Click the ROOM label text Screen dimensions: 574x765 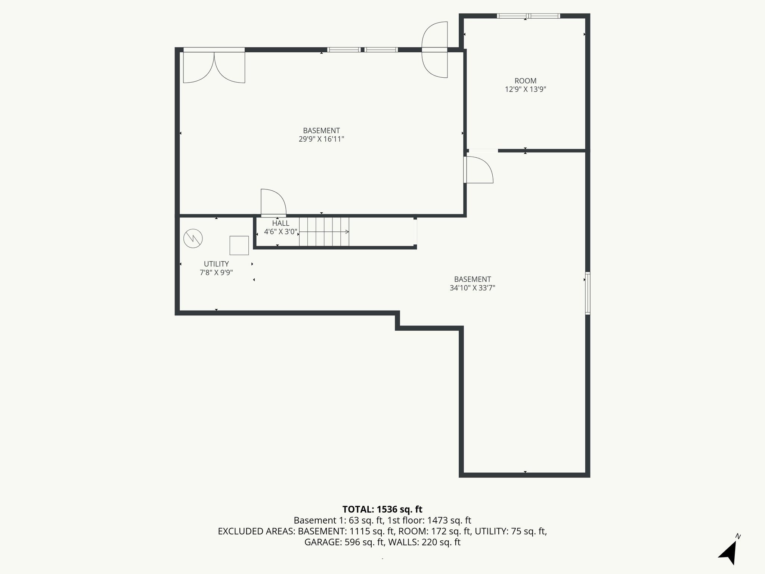tap(525, 81)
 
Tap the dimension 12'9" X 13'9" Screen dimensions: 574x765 tap(525, 89)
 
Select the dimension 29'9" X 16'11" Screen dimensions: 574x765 tap(321, 139)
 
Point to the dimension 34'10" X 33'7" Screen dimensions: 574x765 tap(472, 288)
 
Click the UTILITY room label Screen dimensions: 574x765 tap(216, 264)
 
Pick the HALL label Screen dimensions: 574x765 tap(281, 223)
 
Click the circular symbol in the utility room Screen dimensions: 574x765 tap(193, 238)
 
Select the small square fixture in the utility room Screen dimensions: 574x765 tap(239, 245)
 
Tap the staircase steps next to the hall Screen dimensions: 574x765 tap(323, 232)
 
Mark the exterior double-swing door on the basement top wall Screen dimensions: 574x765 tap(434, 50)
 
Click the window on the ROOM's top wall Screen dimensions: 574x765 tap(528, 16)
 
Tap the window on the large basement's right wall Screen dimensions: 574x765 tap(587, 293)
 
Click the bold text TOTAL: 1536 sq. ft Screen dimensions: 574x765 tap(382, 509)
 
